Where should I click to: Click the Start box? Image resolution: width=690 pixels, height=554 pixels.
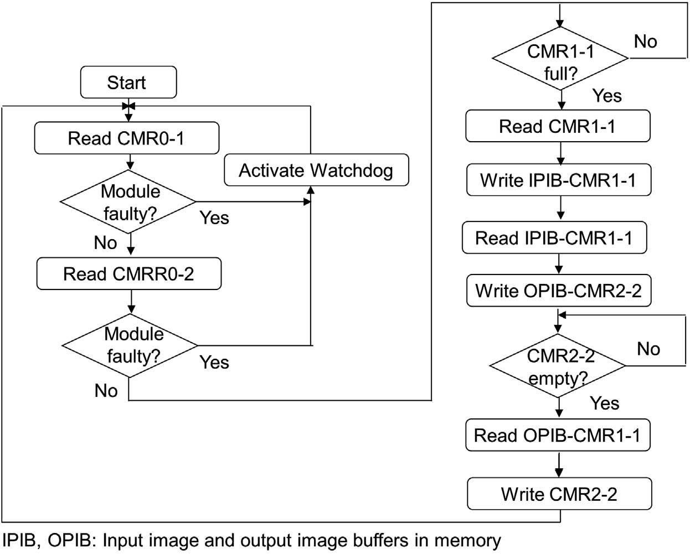128,82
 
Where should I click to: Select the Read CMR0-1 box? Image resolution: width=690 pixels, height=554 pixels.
126,138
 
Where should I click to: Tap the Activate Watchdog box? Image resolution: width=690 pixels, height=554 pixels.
316,170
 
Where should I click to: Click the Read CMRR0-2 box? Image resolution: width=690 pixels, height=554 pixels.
128,273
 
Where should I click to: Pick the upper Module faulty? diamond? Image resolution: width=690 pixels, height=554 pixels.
128,202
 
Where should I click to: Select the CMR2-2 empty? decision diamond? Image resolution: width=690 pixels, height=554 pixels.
558,366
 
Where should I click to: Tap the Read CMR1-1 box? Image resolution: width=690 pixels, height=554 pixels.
558,126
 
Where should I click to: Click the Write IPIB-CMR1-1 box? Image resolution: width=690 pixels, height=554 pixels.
558,180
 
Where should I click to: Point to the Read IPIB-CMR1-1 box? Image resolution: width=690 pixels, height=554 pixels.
554,238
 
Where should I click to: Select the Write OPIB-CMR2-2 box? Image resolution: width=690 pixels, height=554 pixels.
558,291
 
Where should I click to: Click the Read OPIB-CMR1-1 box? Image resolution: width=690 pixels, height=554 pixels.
558,435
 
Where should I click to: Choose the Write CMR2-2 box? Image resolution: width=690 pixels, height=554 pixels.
559,494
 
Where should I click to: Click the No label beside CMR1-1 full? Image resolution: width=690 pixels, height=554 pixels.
646,42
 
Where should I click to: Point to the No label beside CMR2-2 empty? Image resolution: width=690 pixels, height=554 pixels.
648,349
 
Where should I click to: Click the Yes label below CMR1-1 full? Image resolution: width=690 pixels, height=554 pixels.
607,96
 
